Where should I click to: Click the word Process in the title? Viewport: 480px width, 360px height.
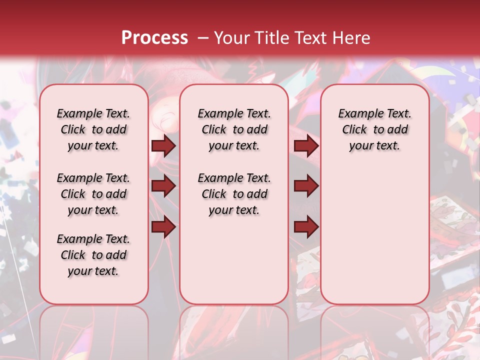click(x=154, y=37)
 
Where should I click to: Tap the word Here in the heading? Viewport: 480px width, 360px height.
click(x=352, y=37)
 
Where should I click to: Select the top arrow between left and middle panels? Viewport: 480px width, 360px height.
click(x=163, y=146)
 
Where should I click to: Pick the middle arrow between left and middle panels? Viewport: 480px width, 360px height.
click(x=163, y=186)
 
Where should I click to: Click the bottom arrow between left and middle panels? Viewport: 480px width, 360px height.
click(x=163, y=227)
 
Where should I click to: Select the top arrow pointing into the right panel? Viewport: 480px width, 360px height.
click(x=306, y=146)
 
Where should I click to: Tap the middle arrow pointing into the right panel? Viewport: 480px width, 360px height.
click(x=306, y=186)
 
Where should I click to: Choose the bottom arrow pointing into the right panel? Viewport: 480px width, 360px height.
click(x=306, y=227)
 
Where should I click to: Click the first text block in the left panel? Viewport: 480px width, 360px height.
click(x=93, y=129)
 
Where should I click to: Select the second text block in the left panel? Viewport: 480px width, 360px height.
click(x=93, y=194)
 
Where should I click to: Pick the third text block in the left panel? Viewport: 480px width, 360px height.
click(x=93, y=255)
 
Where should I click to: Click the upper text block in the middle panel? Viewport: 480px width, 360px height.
click(x=234, y=129)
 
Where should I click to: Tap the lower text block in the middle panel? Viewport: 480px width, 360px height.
click(x=234, y=194)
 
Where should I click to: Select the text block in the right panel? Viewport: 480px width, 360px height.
click(x=374, y=129)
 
